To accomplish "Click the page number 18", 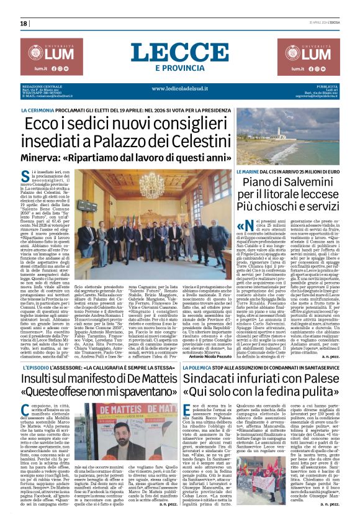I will pyautogui.click(x=23, y=23).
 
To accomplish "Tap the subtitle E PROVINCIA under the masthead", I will pyautogui.click(x=180, y=68).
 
